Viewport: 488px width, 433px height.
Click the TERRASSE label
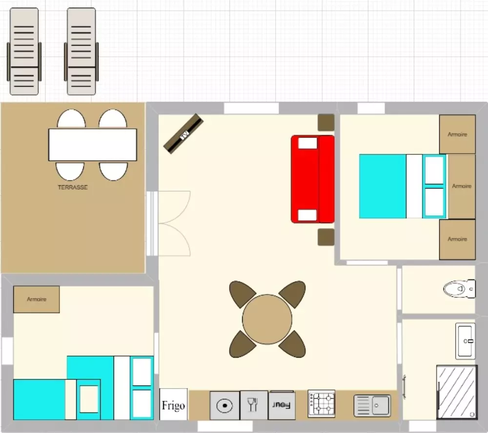(73, 187)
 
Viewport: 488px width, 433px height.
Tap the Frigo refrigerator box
(173, 404)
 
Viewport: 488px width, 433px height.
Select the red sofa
(313, 179)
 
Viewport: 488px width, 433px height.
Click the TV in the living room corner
(183, 134)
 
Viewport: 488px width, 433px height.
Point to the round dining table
(267, 319)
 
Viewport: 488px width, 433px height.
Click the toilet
(459, 289)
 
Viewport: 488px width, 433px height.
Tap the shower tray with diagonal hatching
(457, 392)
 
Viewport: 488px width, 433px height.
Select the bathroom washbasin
(466, 341)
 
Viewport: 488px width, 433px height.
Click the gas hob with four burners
(322, 404)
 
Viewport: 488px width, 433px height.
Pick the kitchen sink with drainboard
(372, 406)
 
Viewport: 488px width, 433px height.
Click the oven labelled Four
(282, 405)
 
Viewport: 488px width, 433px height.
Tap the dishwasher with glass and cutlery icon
(254, 405)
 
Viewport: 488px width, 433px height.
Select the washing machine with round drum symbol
(224, 406)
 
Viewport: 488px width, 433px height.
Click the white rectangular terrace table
(92, 145)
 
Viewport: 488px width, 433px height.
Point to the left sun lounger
(24, 51)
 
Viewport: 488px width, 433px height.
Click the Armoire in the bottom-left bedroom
(37, 299)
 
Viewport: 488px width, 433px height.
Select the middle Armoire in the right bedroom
(462, 186)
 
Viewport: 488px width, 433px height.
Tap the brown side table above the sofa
(326, 123)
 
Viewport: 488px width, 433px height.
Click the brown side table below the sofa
(326, 237)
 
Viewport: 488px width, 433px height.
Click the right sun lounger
(81, 51)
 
